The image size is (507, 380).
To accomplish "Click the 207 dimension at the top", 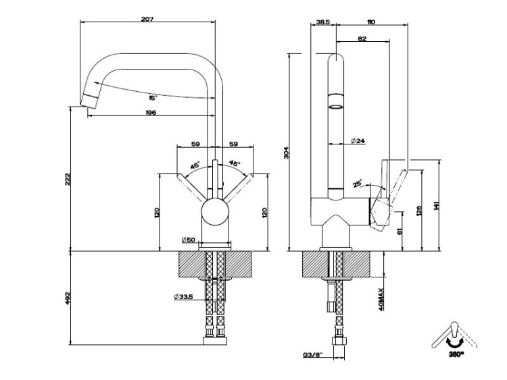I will (x=148, y=19).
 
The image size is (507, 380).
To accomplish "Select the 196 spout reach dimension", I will (x=150, y=113).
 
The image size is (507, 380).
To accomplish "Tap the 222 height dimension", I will (x=68, y=180).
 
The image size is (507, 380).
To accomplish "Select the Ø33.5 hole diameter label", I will (x=185, y=296).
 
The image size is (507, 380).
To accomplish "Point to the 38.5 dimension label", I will (x=323, y=22).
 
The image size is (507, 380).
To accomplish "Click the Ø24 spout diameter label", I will (x=358, y=140).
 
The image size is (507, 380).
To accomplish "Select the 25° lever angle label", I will (x=357, y=182).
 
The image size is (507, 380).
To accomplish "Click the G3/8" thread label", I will (x=312, y=354).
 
